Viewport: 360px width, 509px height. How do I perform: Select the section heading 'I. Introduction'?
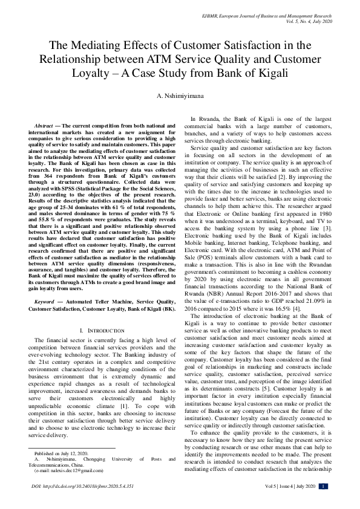tap(99, 331)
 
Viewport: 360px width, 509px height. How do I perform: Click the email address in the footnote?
tap(68, 470)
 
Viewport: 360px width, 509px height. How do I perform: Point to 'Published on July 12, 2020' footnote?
tap(61, 453)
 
